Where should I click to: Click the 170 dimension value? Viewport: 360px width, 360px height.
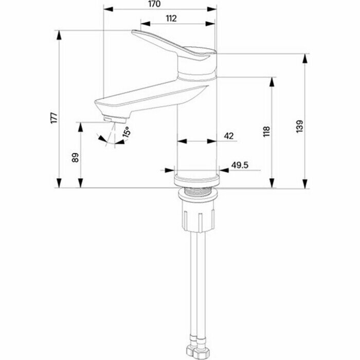tap(154, 4)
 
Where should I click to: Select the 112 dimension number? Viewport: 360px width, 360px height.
tap(172, 19)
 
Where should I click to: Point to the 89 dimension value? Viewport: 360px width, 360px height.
tap(76, 157)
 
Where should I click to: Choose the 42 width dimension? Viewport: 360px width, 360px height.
tap(229, 136)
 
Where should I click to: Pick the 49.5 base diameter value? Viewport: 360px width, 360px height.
tap(240, 165)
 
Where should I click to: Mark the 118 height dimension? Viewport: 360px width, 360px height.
tap(265, 133)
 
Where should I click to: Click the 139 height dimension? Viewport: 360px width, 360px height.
tap(300, 125)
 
